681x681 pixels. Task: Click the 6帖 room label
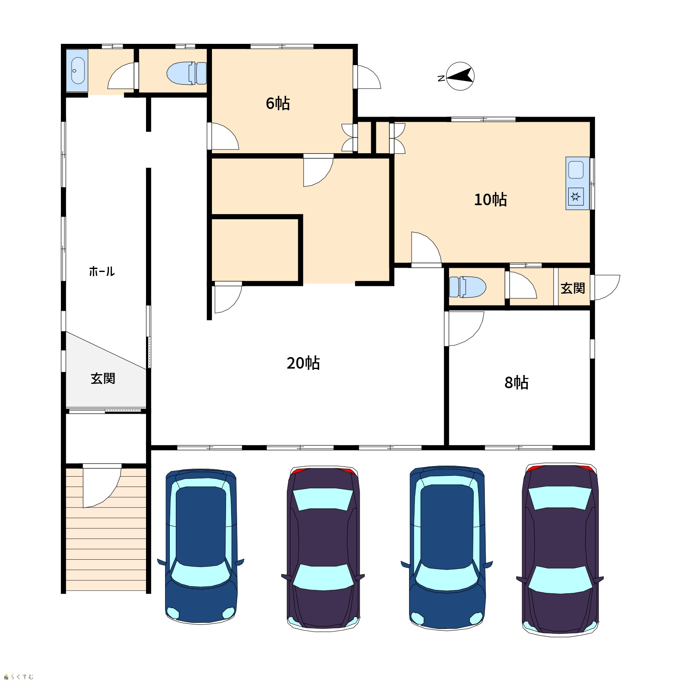[278, 103]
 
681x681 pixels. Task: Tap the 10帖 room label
[490, 200]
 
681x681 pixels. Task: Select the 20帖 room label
[303, 363]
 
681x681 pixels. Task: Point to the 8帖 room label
[516, 383]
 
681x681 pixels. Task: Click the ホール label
[102, 271]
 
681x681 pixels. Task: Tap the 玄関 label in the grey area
[103, 378]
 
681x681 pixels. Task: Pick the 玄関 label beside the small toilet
[572, 288]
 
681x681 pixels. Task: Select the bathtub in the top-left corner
[77, 71]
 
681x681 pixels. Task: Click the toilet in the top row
[187, 73]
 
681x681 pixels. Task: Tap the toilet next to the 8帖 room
[468, 287]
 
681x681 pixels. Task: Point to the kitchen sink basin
[576, 170]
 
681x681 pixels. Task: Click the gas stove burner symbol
[576, 197]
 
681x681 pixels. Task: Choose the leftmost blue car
[201, 547]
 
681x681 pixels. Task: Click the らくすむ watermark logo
[19, 676]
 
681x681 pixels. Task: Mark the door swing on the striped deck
[102, 488]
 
